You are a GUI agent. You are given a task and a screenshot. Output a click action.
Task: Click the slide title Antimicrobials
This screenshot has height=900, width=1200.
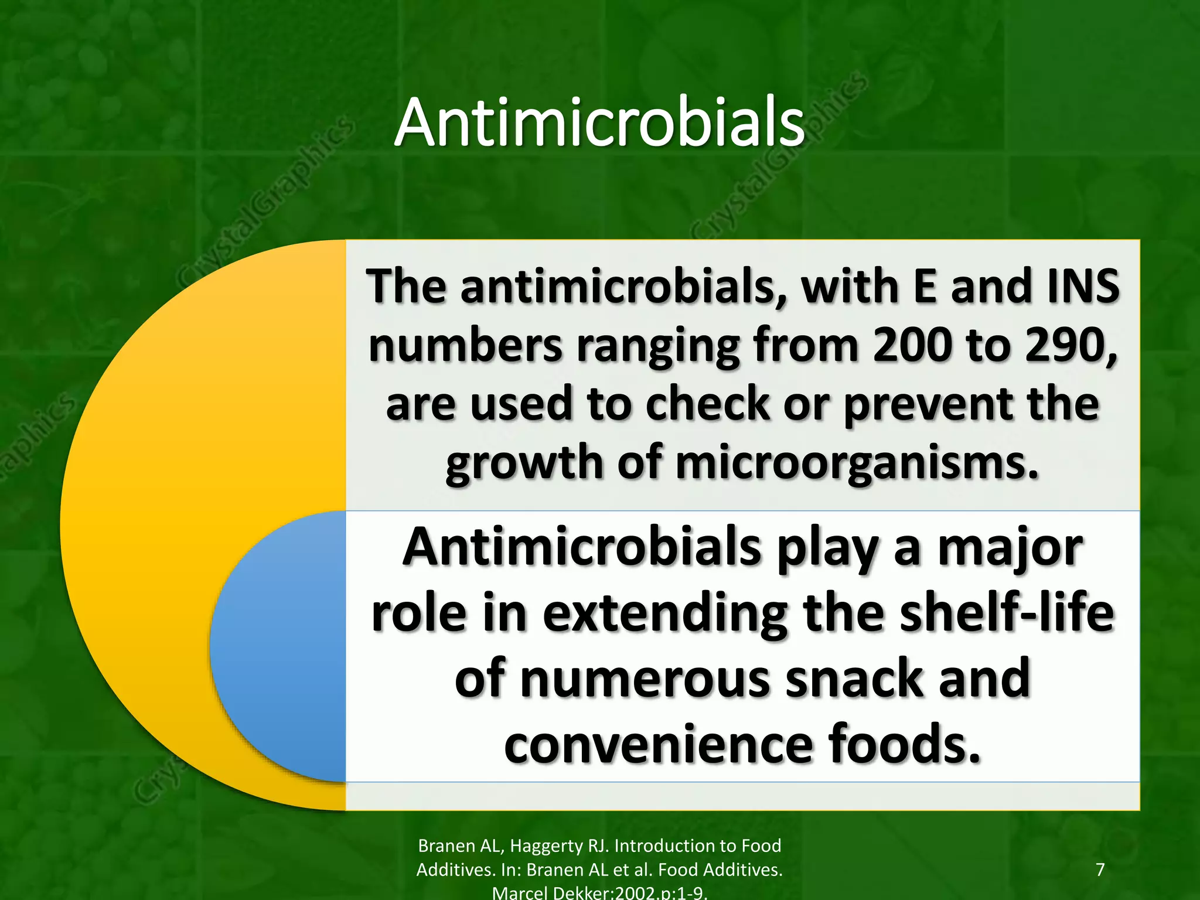click(x=599, y=123)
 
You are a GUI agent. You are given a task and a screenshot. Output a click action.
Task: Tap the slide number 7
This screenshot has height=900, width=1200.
click(x=1100, y=869)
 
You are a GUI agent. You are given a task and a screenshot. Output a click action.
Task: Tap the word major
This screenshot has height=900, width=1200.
click(x=1010, y=548)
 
